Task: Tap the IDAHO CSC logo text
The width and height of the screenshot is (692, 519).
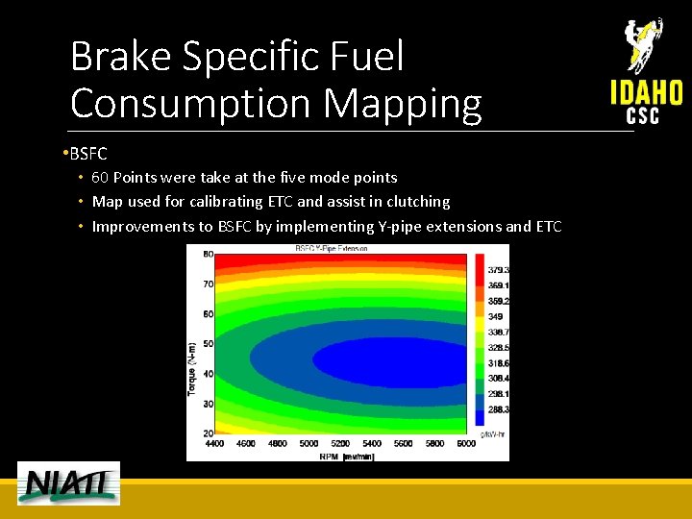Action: coord(646,102)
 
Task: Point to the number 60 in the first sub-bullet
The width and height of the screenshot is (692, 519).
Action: coord(100,178)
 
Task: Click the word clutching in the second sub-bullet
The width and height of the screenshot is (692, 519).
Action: coord(418,202)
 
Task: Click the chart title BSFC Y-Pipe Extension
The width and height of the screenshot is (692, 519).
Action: coord(333,249)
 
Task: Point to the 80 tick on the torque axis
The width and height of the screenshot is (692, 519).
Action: coord(208,255)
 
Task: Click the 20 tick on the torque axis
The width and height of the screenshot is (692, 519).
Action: coord(208,433)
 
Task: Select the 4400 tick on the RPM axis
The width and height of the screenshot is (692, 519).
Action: coord(216,444)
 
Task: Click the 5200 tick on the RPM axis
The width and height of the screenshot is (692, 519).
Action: coord(340,444)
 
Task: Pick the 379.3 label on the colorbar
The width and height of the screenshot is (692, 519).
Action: coord(498,271)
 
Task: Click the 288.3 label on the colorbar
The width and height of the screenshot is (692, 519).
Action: coord(498,409)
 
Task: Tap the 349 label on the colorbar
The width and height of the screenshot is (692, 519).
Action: coord(495,317)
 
